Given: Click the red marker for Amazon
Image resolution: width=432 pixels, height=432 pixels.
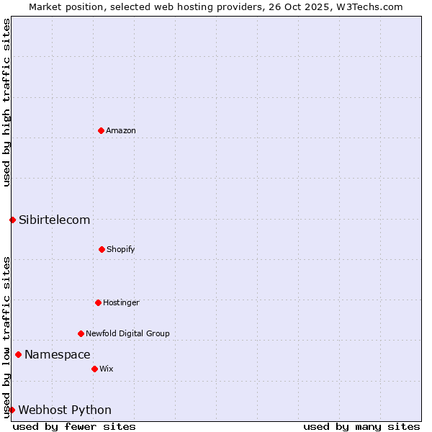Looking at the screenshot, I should point(101,130).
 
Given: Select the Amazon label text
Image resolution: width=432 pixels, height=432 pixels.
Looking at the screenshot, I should point(121,130).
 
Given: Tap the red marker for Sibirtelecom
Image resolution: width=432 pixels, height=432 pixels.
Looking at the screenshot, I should point(12,220).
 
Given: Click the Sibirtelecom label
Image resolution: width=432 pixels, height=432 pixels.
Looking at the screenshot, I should point(55,220).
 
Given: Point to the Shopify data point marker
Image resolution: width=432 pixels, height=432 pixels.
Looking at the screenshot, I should point(102,249).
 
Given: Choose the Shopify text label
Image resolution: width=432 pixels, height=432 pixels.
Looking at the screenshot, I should point(121,249).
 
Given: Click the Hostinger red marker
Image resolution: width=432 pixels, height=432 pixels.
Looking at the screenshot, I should point(98,302).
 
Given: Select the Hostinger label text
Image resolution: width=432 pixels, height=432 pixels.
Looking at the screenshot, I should point(121,302).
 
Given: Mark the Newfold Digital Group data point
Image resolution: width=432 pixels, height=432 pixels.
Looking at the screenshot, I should point(81,333).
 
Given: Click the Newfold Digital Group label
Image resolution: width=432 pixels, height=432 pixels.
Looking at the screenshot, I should point(127,333).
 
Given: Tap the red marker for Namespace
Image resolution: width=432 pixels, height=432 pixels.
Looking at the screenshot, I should point(18,354).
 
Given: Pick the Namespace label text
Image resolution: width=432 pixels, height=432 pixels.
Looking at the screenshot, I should point(58,354).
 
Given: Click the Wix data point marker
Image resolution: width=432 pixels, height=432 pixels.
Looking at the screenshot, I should point(94,369).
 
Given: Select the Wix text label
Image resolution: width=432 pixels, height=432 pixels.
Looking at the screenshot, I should point(107,369).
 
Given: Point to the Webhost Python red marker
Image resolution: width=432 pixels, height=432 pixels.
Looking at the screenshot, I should point(12,410).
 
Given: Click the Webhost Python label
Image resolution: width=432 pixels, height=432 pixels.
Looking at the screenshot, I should point(65,410).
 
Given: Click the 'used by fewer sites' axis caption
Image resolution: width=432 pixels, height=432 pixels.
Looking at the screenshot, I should point(74,426).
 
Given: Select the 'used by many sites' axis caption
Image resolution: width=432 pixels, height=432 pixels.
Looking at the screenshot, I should point(361,426).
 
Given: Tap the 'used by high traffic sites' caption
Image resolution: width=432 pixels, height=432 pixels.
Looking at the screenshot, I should point(6,102).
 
